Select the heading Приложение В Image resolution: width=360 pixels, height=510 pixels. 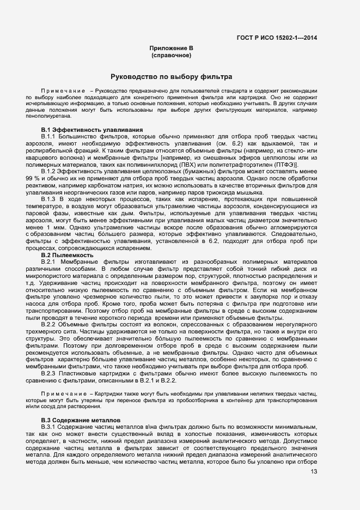point(172,48)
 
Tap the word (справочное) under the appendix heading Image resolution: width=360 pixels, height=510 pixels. point(171,56)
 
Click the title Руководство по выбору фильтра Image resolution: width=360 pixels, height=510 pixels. point(172,77)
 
